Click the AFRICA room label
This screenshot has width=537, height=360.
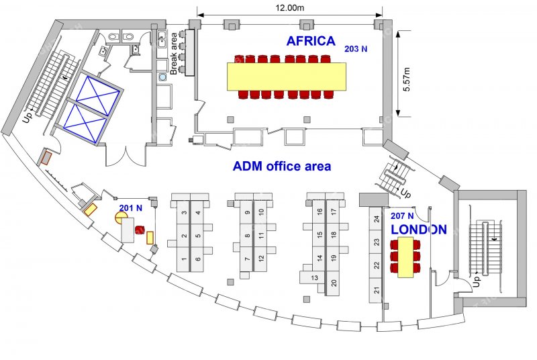[x=311, y=41]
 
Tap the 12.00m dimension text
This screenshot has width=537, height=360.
[x=290, y=8]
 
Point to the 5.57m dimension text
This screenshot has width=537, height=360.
[x=407, y=79]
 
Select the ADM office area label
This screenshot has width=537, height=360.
[x=282, y=166]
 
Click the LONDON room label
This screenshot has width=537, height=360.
[x=419, y=230]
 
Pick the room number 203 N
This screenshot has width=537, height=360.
[x=356, y=49]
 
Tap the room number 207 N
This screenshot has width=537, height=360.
[x=402, y=216]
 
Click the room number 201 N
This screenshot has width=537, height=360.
[x=130, y=208]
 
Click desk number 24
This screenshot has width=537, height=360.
[x=377, y=219]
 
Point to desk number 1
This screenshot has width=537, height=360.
[x=184, y=259]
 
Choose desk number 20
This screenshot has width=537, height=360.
[x=334, y=283]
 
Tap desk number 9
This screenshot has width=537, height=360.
[x=247, y=212]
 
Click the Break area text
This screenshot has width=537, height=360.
[x=174, y=54]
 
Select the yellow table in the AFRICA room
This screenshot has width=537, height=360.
[x=287, y=77]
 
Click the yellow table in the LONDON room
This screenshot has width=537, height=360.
[x=405, y=257]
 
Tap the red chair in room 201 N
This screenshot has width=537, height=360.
[x=140, y=230]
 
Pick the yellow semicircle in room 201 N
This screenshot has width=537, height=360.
[x=120, y=218]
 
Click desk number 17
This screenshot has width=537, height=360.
[x=334, y=212]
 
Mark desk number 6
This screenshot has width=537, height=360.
[x=197, y=259]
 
